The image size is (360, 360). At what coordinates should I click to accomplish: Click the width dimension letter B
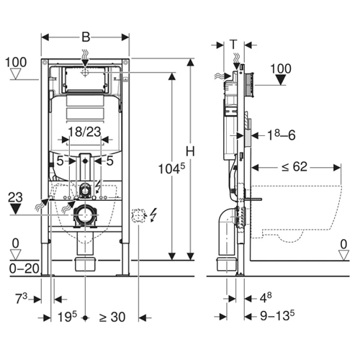click(86, 37)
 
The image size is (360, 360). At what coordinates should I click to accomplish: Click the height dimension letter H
click(190, 151)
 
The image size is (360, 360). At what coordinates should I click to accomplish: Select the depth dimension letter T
click(233, 45)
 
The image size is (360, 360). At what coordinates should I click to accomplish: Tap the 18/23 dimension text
click(85, 132)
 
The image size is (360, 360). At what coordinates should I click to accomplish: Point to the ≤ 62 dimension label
click(294, 166)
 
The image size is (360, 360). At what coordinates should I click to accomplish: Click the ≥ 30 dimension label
click(112, 317)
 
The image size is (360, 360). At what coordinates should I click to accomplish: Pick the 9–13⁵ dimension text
click(277, 315)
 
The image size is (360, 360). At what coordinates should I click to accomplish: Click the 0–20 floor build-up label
click(24, 269)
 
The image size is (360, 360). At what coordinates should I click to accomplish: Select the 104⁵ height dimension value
click(172, 168)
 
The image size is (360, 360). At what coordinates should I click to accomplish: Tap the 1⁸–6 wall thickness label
click(282, 135)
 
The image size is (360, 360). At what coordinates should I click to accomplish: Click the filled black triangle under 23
click(15, 209)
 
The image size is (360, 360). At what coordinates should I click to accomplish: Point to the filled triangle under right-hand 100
click(280, 80)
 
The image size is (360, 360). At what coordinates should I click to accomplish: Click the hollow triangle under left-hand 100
click(16, 73)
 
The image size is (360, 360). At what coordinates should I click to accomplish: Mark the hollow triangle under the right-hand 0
click(343, 255)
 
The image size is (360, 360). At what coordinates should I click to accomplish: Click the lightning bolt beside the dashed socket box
click(153, 215)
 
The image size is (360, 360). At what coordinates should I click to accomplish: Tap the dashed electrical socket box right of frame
click(139, 216)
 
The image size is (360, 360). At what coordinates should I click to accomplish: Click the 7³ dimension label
click(22, 298)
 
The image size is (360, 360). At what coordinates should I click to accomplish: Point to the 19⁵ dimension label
click(68, 317)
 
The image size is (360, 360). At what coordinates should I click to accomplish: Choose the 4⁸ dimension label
click(266, 298)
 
